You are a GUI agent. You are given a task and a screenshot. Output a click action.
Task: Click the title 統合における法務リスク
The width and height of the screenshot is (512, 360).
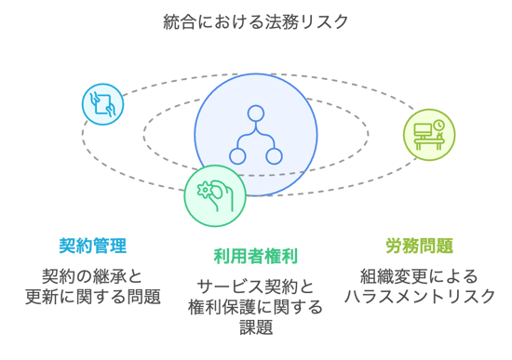[x=255, y=20]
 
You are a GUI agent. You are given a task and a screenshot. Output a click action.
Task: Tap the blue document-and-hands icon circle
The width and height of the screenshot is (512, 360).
[x=103, y=104]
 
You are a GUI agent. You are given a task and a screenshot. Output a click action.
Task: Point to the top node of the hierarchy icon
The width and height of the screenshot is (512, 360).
[x=255, y=114]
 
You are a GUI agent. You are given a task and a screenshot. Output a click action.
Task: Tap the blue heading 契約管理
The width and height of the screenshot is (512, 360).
[x=92, y=246]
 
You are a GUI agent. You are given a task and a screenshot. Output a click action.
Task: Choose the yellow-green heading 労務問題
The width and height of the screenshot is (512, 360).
[x=419, y=246]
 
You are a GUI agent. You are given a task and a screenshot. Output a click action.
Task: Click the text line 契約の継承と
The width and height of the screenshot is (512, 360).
[x=92, y=276]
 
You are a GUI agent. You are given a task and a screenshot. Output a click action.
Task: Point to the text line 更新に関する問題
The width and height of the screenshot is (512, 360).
[x=92, y=297]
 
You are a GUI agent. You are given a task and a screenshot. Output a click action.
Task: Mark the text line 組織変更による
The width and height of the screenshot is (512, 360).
[x=419, y=276]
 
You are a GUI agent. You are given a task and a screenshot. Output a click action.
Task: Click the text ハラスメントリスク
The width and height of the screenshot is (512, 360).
[x=419, y=297]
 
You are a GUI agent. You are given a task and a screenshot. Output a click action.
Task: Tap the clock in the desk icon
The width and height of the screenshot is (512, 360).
[x=438, y=125]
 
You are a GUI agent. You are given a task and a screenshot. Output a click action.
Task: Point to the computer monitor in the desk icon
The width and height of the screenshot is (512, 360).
[x=423, y=131]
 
